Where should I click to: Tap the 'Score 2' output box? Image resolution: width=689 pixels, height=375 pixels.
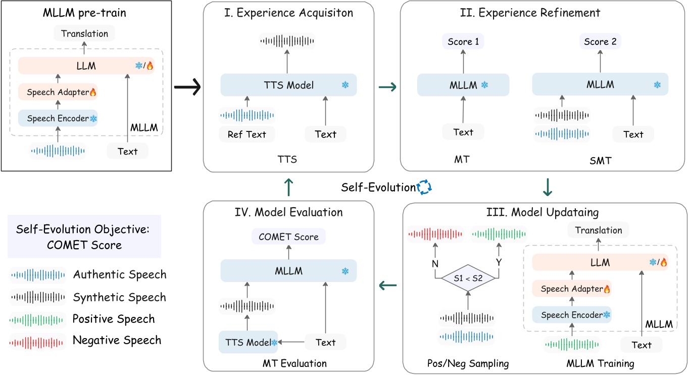(x=600, y=42)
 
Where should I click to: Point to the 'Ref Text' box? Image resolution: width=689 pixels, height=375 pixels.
(x=248, y=134)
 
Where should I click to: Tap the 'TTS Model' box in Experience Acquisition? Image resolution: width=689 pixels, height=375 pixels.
(x=288, y=85)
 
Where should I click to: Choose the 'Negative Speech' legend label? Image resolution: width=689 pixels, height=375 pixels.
(x=117, y=340)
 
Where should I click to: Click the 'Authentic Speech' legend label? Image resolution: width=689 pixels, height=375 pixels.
(x=119, y=274)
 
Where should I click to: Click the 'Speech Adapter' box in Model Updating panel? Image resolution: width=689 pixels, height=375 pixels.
(x=571, y=290)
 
